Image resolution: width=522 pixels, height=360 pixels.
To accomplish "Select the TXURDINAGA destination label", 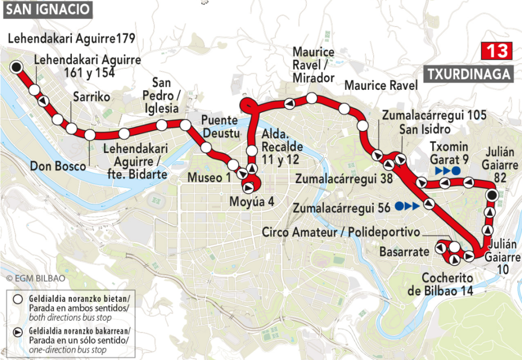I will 467,74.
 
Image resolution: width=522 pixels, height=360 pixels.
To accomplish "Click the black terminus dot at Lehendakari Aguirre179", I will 17,67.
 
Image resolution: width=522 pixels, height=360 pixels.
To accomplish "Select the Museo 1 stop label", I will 208,177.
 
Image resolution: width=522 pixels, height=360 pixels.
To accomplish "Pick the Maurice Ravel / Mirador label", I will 314,65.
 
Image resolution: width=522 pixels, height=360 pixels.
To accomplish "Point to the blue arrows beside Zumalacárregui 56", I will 407,206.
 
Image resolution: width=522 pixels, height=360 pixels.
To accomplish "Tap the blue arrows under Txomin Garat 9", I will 447,170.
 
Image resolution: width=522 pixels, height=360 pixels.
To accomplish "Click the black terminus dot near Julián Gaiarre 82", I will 491,195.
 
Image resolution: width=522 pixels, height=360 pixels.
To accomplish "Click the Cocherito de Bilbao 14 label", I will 447,285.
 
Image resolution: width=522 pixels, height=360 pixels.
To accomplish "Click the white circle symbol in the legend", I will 17,299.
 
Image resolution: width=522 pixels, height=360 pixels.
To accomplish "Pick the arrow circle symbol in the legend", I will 17,332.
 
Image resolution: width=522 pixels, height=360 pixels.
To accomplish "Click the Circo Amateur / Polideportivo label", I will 341,233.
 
